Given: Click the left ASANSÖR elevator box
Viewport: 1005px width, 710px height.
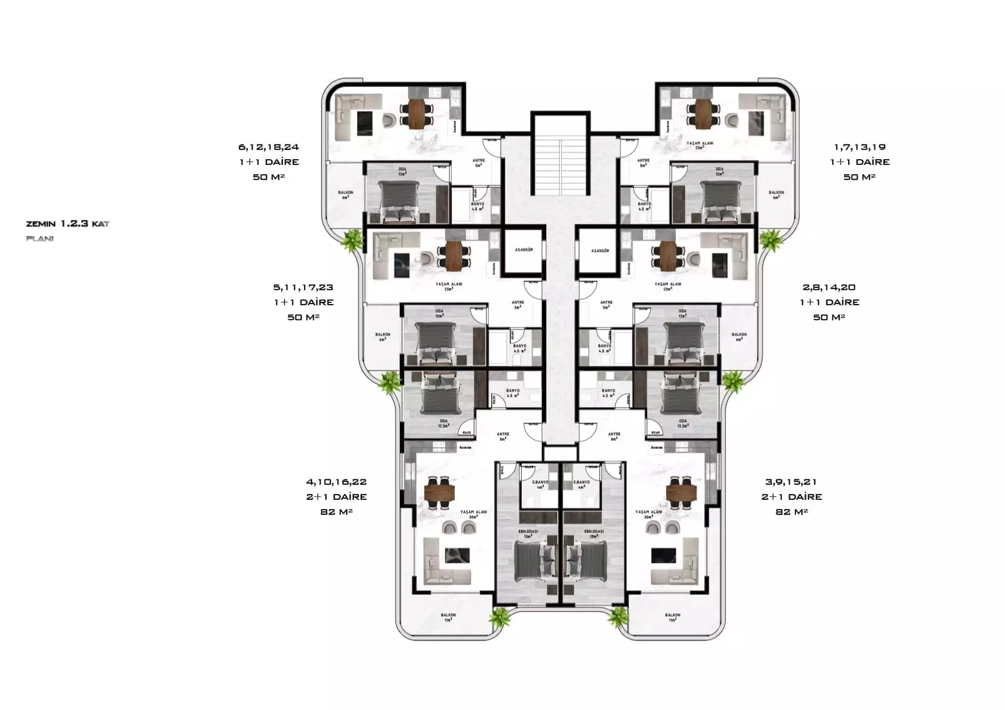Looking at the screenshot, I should click(523, 251).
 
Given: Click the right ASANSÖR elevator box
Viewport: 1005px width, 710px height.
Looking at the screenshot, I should click(600, 251).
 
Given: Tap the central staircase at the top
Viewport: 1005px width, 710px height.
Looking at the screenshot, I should click(560, 163).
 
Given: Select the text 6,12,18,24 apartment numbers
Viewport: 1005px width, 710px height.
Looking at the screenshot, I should click(269, 147).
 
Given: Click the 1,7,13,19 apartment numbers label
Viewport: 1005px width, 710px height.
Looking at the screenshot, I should click(860, 147).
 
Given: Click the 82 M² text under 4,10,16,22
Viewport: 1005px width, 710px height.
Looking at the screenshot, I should click(336, 512).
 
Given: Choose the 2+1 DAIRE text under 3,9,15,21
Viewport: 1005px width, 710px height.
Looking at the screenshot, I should click(791, 497).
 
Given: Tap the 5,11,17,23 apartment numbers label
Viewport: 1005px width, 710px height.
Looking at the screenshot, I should click(303, 287).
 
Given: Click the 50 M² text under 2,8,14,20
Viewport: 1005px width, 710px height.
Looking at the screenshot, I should click(829, 317).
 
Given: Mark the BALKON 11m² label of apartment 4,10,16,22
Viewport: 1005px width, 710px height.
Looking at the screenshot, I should click(448, 617).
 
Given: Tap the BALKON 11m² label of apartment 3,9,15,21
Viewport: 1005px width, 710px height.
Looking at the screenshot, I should click(672, 617).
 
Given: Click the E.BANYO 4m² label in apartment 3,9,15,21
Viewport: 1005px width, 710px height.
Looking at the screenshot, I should click(582, 484).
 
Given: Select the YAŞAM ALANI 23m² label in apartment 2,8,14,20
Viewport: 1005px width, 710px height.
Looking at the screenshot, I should click(668, 286).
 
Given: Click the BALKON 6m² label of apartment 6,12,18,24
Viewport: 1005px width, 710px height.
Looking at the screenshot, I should click(345, 195).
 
